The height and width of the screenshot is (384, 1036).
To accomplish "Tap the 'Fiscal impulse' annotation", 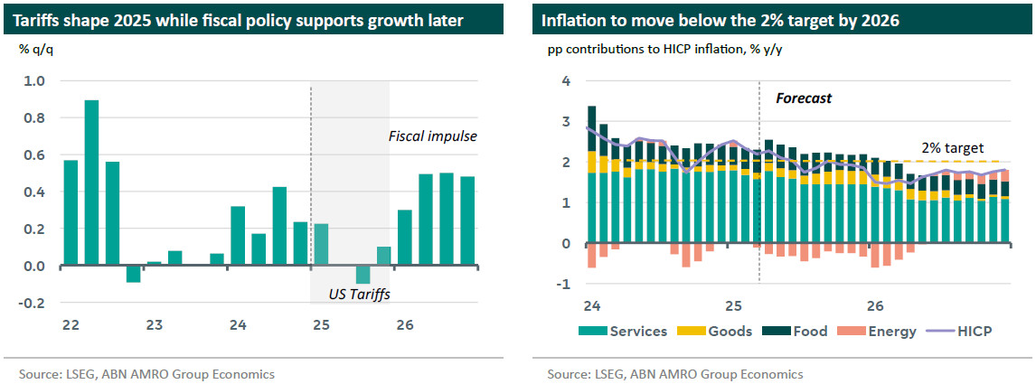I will click(433, 136).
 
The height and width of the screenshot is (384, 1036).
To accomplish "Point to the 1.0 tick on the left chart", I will click(33, 81).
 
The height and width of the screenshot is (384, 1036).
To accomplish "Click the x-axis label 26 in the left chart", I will click(404, 324).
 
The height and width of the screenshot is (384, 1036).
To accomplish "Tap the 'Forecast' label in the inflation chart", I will click(804, 98).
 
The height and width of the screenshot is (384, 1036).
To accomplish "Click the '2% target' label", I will click(952, 147).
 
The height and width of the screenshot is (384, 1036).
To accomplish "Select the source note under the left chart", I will click(146, 373).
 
